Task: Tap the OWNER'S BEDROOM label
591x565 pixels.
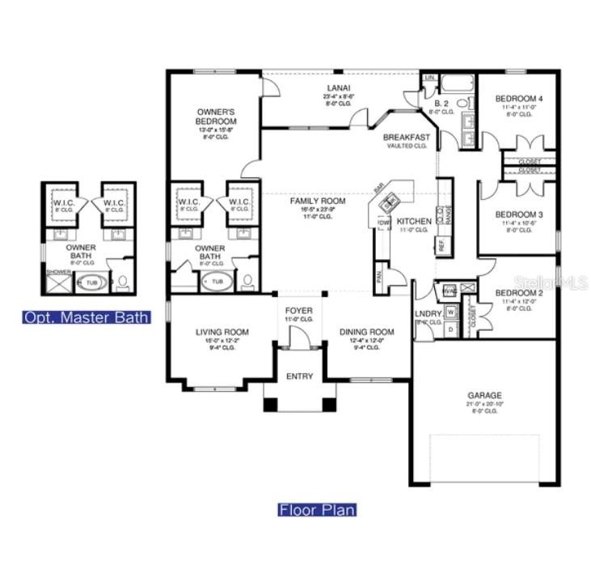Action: [216, 116]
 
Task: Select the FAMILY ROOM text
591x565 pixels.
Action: [318, 201]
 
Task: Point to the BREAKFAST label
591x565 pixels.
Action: [407, 137]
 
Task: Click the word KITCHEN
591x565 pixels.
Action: [414, 221]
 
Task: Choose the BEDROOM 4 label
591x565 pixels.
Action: [519, 99]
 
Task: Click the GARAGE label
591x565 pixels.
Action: [483, 395]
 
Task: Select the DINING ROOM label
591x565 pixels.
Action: [366, 331]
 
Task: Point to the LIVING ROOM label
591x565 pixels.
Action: [222, 331]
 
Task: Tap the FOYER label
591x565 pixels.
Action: [299, 310]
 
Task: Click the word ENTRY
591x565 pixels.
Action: [299, 376]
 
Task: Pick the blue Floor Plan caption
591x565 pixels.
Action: [317, 510]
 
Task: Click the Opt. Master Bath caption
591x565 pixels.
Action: [87, 317]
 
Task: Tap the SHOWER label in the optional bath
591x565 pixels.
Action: [58, 272]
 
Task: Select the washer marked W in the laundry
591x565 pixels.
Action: [450, 311]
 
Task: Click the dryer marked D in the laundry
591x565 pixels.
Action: [450, 329]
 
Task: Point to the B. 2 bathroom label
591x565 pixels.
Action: [441, 104]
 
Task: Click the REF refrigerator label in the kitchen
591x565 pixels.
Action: [441, 244]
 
